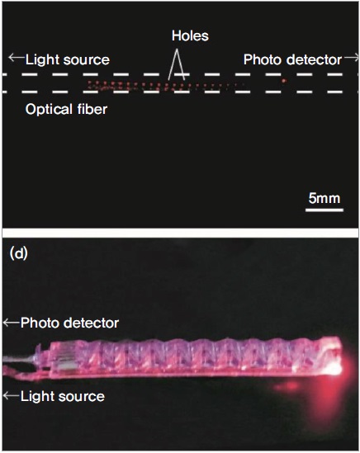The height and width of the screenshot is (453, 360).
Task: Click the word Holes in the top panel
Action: pyautogui.click(x=190, y=35)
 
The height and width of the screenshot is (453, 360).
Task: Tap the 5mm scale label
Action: pyautogui.click(x=324, y=199)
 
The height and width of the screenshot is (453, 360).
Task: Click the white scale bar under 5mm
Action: pyautogui.click(x=324, y=210)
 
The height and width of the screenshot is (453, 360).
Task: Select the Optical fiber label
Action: pyautogui.click(x=66, y=110)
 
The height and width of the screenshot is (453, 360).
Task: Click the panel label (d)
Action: pyautogui.click(x=18, y=253)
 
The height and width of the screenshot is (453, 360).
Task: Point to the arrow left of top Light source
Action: pyautogui.click(x=17, y=57)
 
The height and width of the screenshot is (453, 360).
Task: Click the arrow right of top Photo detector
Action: pyautogui.click(x=351, y=58)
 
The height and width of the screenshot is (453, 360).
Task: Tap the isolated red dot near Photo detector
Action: pyautogui.click(x=284, y=81)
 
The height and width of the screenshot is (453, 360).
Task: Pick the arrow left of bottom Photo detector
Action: pyautogui.click(x=12, y=323)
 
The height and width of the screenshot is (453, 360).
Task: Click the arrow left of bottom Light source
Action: pyautogui.click(x=12, y=395)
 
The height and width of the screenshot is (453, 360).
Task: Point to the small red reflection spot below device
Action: pyautogui.click(x=286, y=386)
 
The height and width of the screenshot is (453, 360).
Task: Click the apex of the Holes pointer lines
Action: pyautogui.click(x=177, y=50)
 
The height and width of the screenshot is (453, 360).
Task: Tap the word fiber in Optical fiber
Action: pyautogui.click(x=92, y=110)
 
